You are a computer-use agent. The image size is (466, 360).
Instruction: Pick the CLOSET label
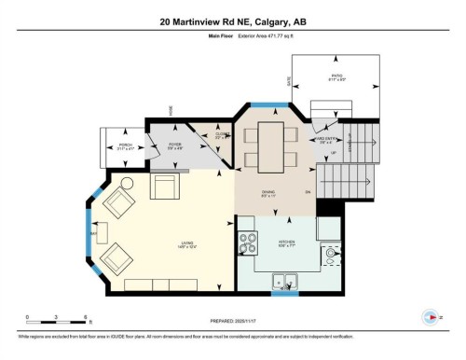(222, 135)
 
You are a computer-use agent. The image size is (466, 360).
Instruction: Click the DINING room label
(268, 195)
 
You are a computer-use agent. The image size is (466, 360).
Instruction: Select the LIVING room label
(187, 245)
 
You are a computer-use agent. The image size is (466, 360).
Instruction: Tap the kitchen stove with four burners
(248, 244)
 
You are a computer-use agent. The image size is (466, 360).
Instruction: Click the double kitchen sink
(284, 278)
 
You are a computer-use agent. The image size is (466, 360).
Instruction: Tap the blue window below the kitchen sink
(284, 294)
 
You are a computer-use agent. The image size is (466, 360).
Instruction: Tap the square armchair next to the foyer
(166, 187)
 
